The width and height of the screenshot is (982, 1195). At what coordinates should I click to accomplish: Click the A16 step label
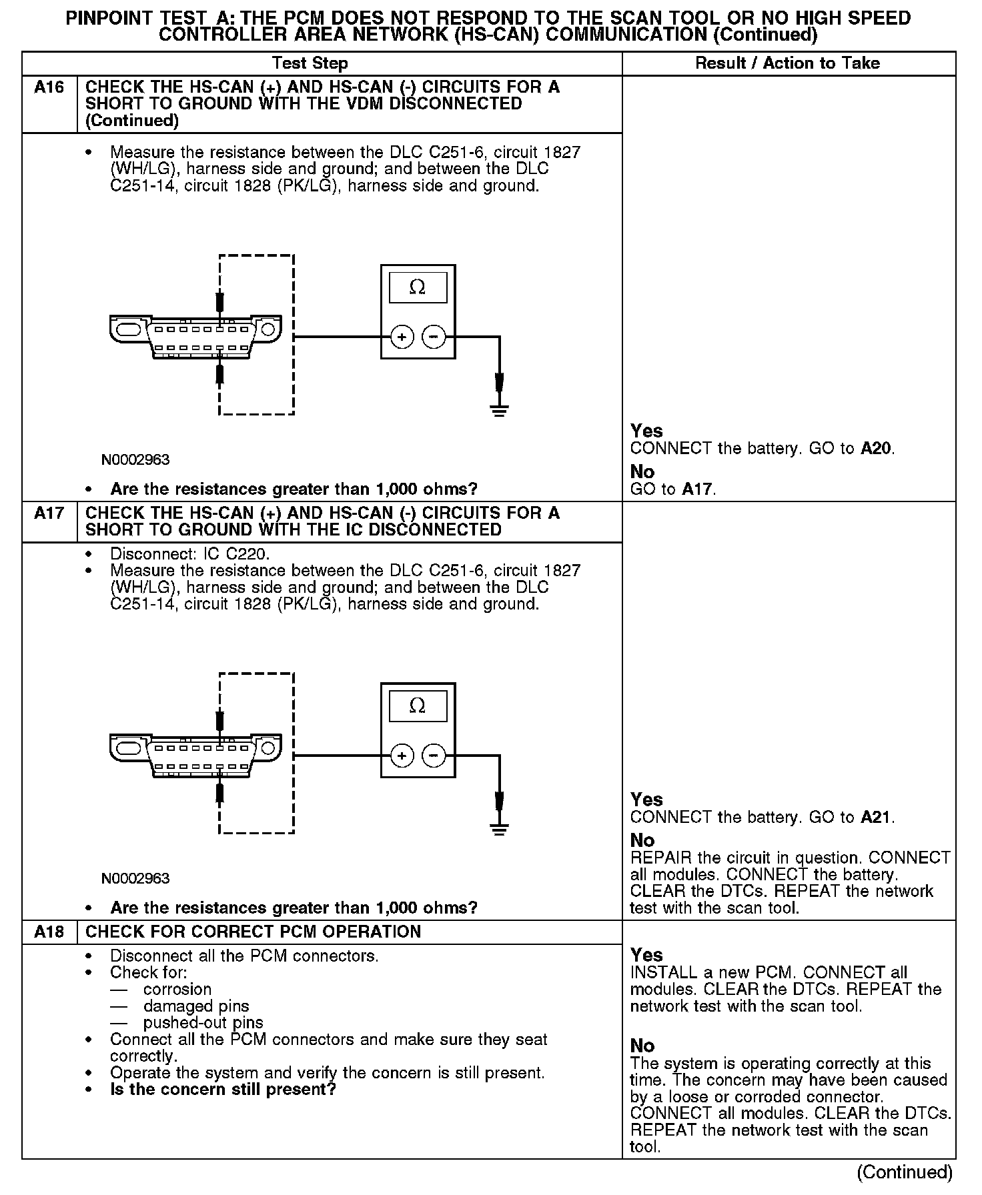click(x=49, y=87)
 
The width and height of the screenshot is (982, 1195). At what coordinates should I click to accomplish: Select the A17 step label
click(x=49, y=513)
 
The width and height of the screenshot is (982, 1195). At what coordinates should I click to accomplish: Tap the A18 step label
click(x=49, y=932)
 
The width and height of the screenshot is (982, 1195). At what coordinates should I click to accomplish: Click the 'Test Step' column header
click(x=310, y=63)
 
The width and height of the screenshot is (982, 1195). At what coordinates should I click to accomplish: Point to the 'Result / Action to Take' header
click(x=787, y=63)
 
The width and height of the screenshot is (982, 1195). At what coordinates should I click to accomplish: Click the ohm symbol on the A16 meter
click(x=418, y=287)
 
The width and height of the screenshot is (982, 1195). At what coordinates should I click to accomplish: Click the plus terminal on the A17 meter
click(x=402, y=756)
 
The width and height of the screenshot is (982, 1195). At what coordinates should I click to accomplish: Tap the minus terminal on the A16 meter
click(x=434, y=337)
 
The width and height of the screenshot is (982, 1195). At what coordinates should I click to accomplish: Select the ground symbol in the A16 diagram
click(x=499, y=409)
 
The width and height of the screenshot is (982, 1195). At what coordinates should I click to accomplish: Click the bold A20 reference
click(x=876, y=448)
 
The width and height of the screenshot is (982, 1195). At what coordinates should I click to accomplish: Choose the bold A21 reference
click(x=876, y=817)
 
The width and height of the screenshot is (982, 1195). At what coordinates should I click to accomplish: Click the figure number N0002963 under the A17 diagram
click(x=135, y=878)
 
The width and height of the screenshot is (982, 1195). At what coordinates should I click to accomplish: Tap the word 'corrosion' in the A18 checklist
click(x=177, y=989)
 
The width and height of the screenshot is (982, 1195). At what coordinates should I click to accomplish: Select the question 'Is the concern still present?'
click(x=223, y=1089)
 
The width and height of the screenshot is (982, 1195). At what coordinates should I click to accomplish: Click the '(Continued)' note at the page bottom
click(x=905, y=1172)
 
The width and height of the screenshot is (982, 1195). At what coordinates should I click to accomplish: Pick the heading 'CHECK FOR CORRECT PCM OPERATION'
click(x=254, y=932)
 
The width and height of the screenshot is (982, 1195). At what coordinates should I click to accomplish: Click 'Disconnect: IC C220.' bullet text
click(x=190, y=554)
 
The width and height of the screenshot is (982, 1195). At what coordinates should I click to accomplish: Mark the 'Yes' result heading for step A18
click(x=646, y=955)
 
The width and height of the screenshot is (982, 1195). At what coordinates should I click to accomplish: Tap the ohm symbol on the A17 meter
click(x=418, y=706)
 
